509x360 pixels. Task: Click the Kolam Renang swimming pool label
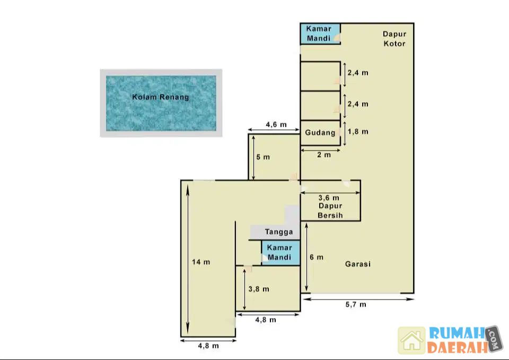point(160,96)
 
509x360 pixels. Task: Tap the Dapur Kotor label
point(394,39)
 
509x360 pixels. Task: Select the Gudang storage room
point(320,133)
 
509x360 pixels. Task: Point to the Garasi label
point(358,264)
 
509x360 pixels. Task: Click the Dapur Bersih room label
point(330,210)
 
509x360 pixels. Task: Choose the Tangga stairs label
point(279,232)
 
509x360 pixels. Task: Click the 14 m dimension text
point(201,262)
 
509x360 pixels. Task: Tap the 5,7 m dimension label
point(356,304)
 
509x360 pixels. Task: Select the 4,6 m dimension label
point(276,124)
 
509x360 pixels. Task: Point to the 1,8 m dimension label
point(358,131)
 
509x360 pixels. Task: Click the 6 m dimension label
point(317,257)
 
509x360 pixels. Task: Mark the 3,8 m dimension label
point(259,289)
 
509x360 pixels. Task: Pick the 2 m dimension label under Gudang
point(324,155)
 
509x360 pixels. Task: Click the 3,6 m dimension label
point(329,198)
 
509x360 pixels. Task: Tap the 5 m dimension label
point(263,157)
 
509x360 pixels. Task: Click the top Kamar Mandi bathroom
point(320,33)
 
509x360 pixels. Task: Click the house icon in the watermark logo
point(411,340)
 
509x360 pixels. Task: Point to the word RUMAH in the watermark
point(457,333)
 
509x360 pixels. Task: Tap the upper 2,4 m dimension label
point(358,73)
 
